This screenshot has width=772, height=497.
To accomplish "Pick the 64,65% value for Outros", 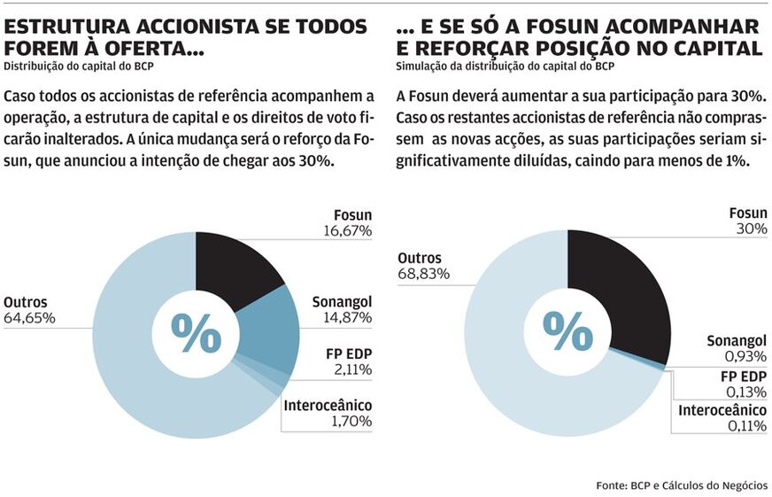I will (29, 317).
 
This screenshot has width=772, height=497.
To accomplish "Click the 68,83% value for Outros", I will (423, 274).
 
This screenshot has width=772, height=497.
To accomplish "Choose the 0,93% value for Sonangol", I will (746, 357).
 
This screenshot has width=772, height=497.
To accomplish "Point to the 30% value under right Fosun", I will (752, 229).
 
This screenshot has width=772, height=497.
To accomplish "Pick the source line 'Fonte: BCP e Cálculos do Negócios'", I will (682, 485).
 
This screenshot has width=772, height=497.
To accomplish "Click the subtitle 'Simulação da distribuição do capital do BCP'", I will (506, 66).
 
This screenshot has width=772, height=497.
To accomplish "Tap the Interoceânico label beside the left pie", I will (328, 406).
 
